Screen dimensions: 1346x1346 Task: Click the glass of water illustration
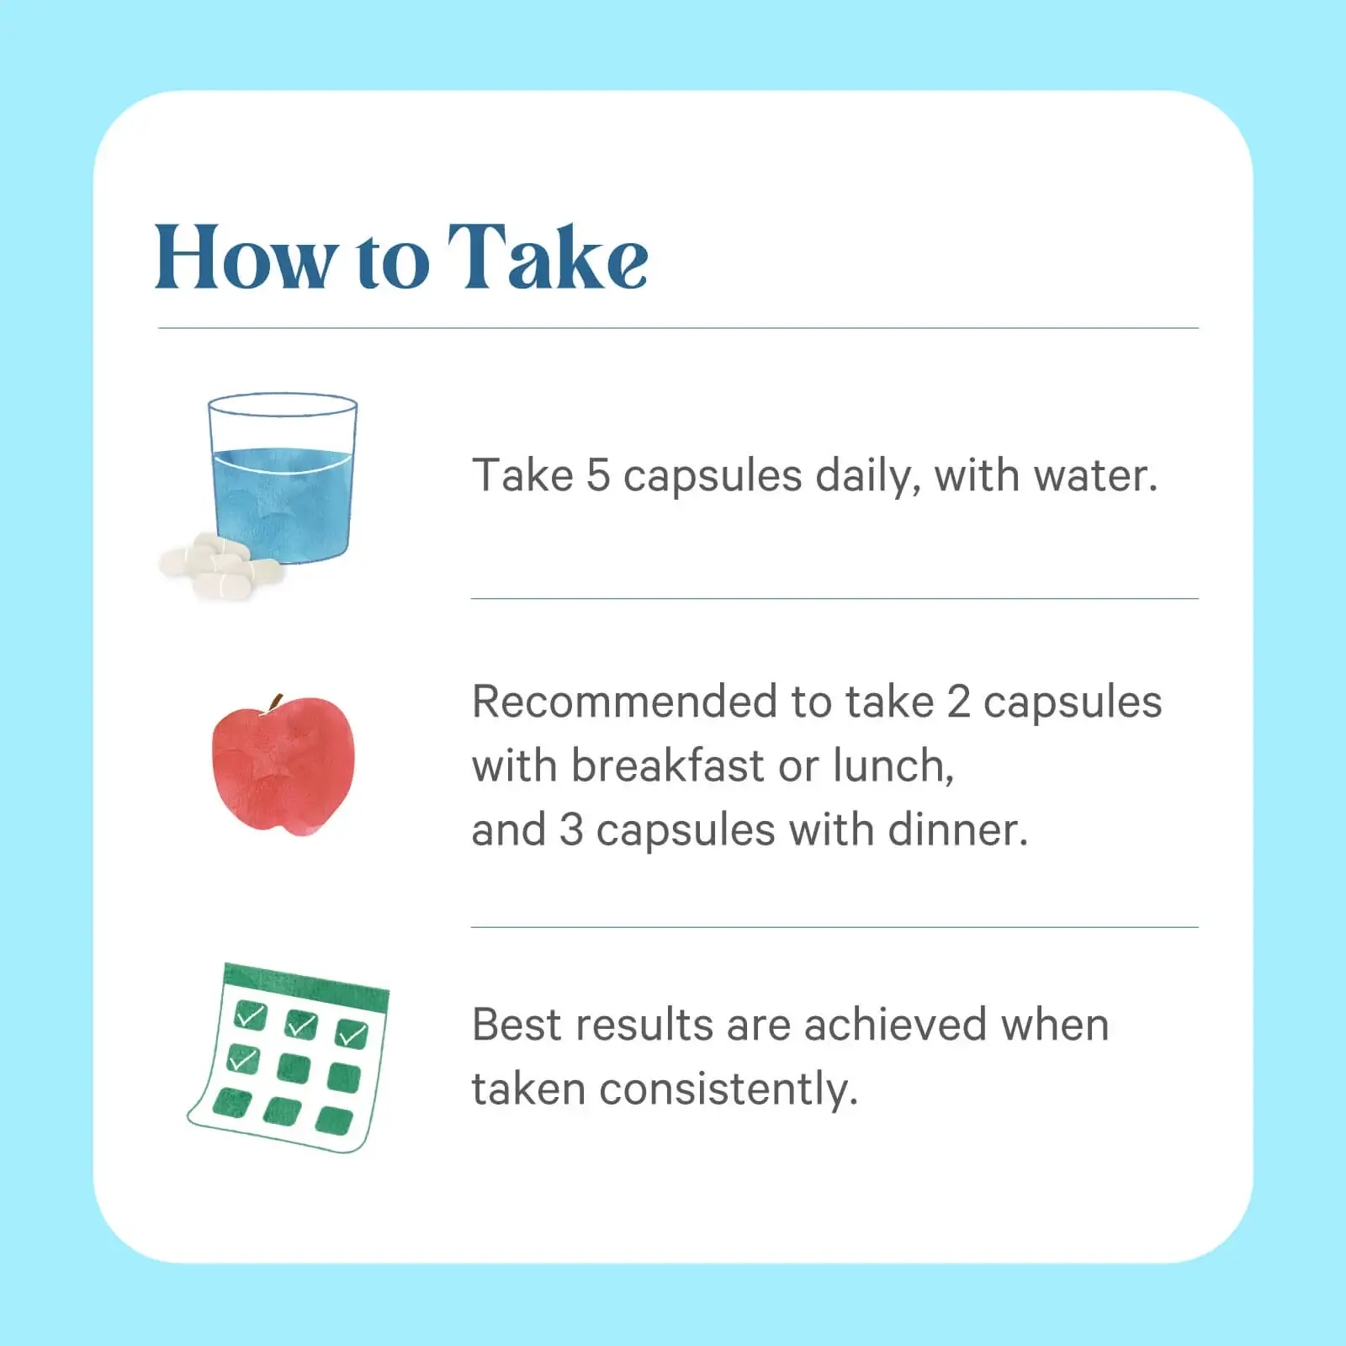click(x=283, y=477)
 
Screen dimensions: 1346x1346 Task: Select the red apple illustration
click(x=283, y=765)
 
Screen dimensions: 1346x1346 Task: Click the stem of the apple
click(x=275, y=703)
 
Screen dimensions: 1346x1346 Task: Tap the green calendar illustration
click(x=288, y=1057)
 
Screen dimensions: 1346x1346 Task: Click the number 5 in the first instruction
click(x=597, y=475)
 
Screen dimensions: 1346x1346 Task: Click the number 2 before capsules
click(x=958, y=702)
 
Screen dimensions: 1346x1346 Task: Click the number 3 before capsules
click(x=571, y=830)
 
